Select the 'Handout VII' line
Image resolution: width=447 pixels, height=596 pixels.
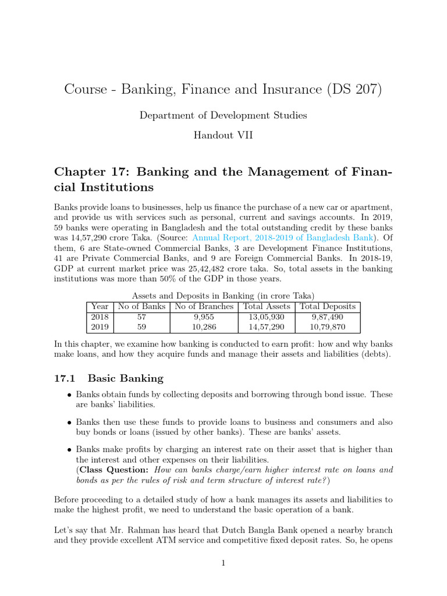tap(223, 134)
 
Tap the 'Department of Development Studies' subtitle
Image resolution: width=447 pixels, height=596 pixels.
tap(223, 115)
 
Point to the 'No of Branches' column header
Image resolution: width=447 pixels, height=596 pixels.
tap(204, 306)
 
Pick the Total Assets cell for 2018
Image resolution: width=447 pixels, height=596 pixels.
tap(267, 317)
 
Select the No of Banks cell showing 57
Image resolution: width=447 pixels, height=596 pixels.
tap(141, 317)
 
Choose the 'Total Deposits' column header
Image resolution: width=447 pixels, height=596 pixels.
tap(328, 306)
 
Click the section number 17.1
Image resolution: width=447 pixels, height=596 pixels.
tap(65, 378)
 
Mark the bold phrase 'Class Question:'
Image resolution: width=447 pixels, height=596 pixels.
tap(114, 470)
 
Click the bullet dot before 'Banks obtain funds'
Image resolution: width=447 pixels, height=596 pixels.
tap(69, 395)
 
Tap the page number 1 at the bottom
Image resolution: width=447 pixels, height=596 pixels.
tap(223, 563)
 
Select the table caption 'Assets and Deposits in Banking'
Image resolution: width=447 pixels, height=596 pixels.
tap(223, 296)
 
